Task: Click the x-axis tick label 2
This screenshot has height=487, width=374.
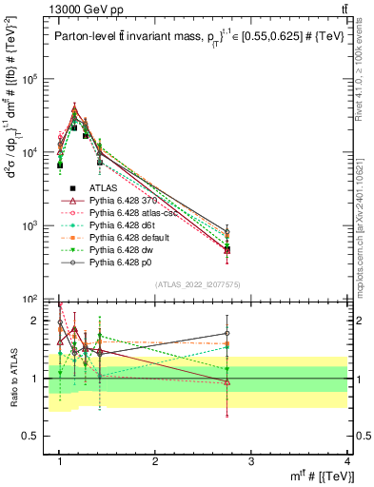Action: point(155,460)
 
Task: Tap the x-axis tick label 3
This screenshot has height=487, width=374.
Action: point(251,460)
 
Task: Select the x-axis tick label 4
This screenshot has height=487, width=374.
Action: point(347,460)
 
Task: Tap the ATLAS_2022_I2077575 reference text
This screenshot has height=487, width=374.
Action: point(197,284)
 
